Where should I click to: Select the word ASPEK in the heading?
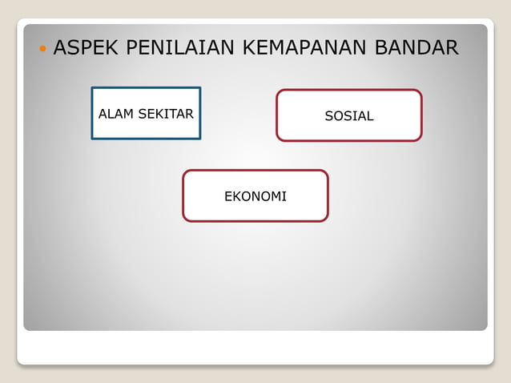point(82,48)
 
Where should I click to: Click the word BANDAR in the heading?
point(416,48)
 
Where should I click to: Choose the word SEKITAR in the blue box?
point(166,114)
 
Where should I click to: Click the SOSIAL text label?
point(349,116)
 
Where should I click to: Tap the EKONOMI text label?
point(255,196)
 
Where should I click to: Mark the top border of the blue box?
point(146,88)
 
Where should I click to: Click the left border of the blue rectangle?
point(92,113)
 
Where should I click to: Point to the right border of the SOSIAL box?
point(421,115)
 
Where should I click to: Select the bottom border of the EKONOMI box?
point(255,220)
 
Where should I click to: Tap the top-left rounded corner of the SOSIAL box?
point(280,92)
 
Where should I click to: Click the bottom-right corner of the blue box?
point(199,138)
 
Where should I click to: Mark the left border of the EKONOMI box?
point(183,196)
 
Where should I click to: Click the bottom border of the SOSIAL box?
point(349,140)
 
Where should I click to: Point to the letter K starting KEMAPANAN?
point(247,48)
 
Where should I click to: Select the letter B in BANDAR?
point(380,48)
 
